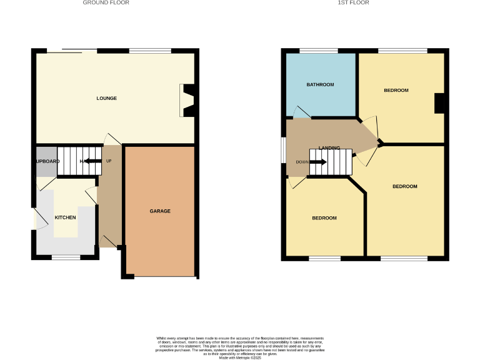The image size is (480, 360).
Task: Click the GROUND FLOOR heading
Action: tap(106, 3)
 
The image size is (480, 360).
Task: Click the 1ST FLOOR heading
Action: tap(354, 3)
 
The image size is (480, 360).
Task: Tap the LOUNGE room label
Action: tap(106, 98)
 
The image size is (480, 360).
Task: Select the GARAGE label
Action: tap(160, 211)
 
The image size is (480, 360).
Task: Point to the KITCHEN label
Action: tap(65, 217)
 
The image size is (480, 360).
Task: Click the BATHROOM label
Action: tap(320, 84)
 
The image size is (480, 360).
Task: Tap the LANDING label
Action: tap(329, 148)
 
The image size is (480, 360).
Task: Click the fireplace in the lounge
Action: tap(187, 100)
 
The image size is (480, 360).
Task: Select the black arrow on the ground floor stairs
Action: tap(92, 161)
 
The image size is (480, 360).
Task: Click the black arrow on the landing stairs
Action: tap(318, 162)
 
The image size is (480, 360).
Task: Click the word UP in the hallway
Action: tap(109, 161)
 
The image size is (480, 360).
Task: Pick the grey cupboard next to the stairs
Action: tap(46, 161)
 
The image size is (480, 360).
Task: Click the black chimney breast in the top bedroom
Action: tap(439, 103)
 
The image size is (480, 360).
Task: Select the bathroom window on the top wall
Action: tap(319, 50)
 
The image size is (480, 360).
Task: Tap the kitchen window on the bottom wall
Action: tap(64, 257)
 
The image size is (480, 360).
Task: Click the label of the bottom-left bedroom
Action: tap(324, 218)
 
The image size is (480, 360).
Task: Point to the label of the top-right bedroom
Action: tap(396, 91)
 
